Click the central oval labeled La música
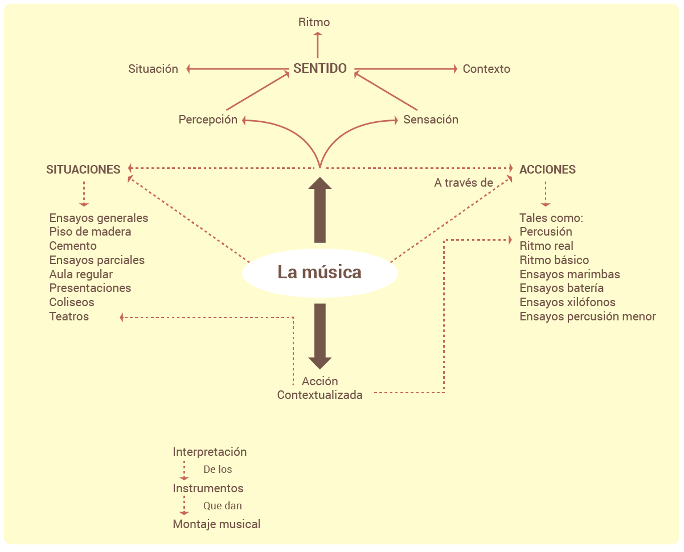coord(320,273)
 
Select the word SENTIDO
coord(320,69)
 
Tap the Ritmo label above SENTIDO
coord(314,23)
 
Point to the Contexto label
coord(486,69)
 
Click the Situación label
coord(153,69)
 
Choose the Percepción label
coord(208,120)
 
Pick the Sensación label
coord(431,120)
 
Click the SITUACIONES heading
coord(83,170)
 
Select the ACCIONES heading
coord(547,170)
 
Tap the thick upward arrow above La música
coord(320,209)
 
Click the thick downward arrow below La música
coord(320,336)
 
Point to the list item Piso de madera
coord(90,232)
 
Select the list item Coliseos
coord(72,303)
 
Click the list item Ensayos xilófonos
coord(567,303)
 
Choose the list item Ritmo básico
coord(554,261)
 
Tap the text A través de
coord(463,183)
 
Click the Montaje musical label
coord(216,525)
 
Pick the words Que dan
coord(223,506)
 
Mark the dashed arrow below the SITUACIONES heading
coord(84,193)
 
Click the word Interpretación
coord(210,452)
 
